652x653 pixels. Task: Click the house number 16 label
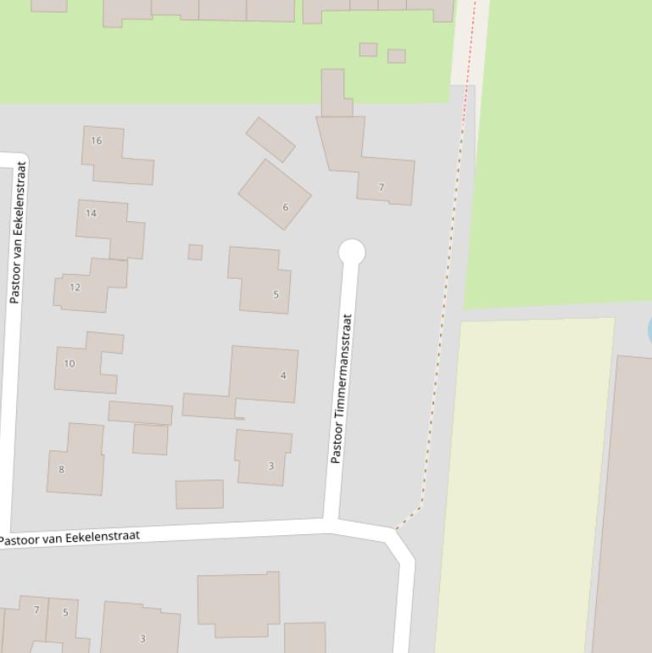96,141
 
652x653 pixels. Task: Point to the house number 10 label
70,364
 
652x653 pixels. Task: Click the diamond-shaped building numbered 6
275,194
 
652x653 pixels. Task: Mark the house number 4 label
283,375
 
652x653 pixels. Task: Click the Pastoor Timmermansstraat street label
341,388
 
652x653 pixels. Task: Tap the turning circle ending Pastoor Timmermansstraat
352,252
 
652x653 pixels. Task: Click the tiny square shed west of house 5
195,252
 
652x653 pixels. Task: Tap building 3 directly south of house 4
263,458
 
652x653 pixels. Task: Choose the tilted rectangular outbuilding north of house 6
270,139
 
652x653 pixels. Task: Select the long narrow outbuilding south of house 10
140,413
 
